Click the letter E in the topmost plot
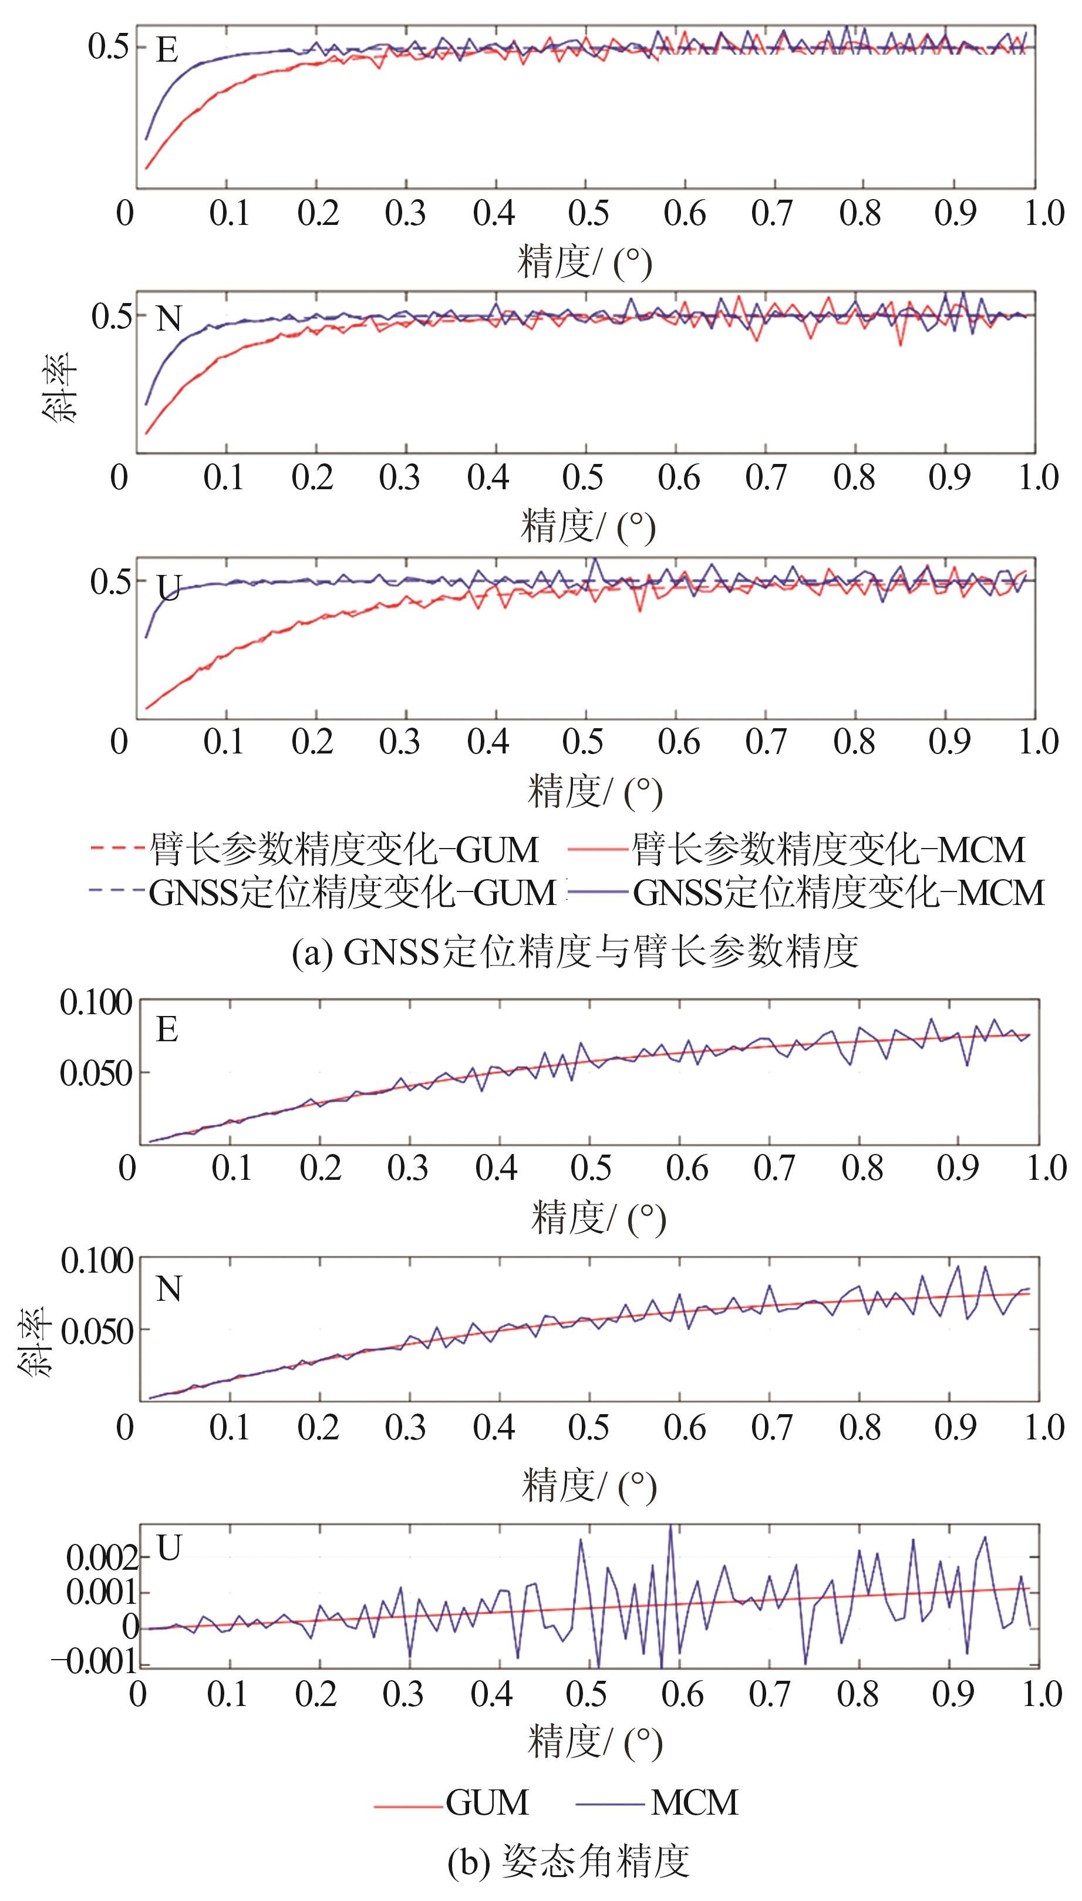[167, 50]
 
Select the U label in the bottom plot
[170, 1548]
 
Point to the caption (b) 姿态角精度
[569, 1860]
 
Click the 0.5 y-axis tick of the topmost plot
[109, 47]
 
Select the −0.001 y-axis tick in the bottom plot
[95, 1662]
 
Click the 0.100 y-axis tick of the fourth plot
[97, 1002]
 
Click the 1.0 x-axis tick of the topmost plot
[1044, 214]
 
